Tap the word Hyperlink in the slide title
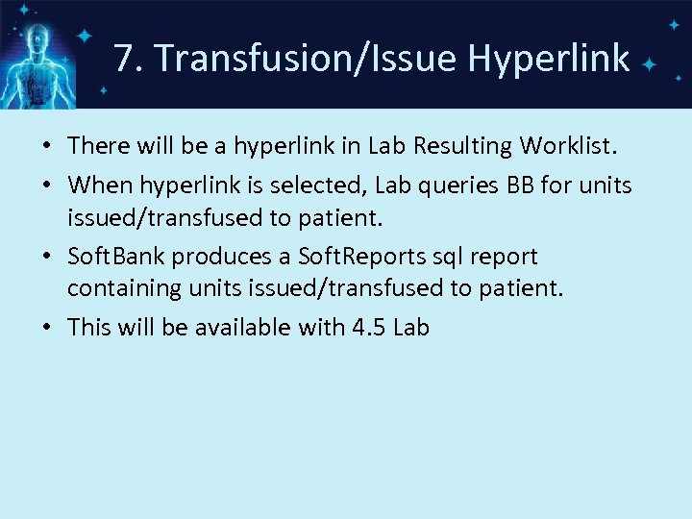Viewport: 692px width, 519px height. point(549,60)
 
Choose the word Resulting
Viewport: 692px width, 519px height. point(462,146)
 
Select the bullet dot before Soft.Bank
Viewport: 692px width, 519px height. point(47,258)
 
